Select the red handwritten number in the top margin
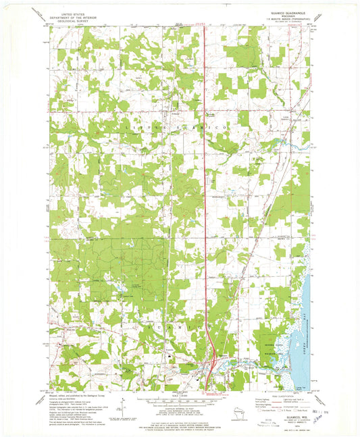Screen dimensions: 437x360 [201, 24]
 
